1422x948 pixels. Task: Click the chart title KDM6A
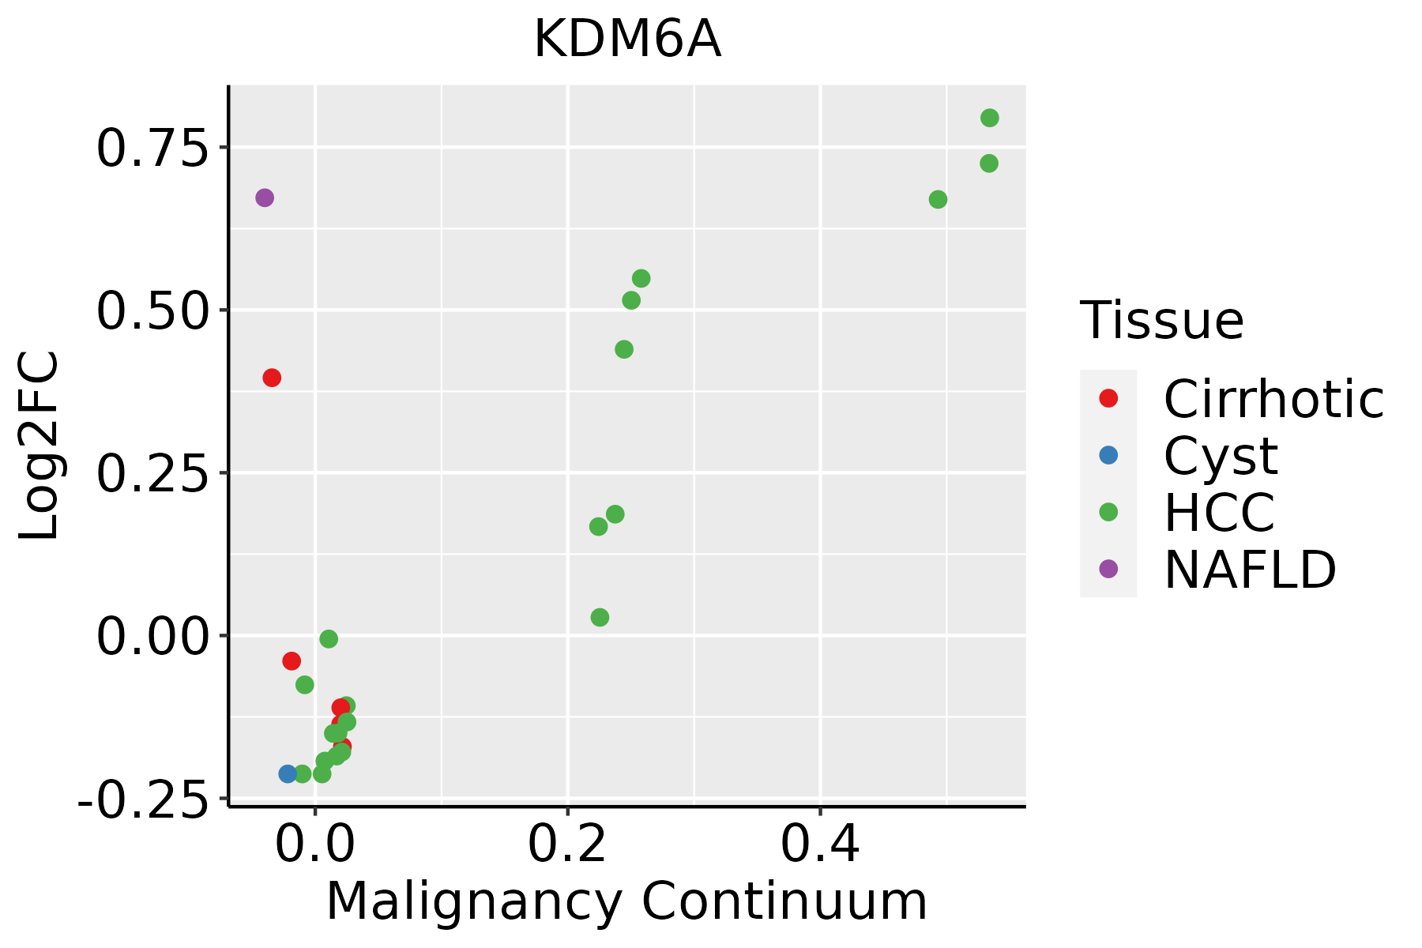pyautogui.click(x=627, y=39)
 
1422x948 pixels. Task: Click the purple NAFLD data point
pyautogui.click(x=265, y=197)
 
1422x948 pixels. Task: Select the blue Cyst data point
pyautogui.click(x=288, y=773)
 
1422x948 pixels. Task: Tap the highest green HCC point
pyautogui.click(x=990, y=118)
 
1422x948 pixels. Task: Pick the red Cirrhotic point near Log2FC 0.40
pyautogui.click(x=272, y=378)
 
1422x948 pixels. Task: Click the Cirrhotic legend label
pyautogui.click(x=1273, y=399)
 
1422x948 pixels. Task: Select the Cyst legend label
pyautogui.click(x=1221, y=456)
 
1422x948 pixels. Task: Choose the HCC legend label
pyautogui.click(x=1219, y=513)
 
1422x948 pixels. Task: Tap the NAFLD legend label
pyautogui.click(x=1250, y=570)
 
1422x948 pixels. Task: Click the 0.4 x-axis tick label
pyautogui.click(x=821, y=845)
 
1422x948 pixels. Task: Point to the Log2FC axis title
pyautogui.click(x=39, y=446)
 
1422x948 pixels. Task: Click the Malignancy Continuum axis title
pyautogui.click(x=627, y=902)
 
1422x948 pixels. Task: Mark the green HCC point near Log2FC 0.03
pyautogui.click(x=600, y=617)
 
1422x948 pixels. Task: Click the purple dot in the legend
pyautogui.click(x=1108, y=568)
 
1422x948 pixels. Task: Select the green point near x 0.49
pyautogui.click(x=938, y=200)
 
